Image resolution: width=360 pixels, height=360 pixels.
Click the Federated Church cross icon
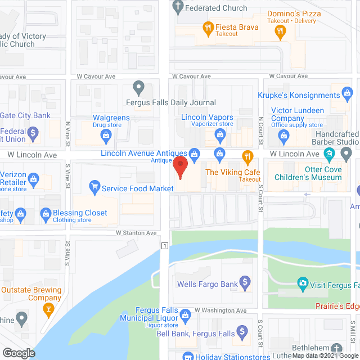pos(178,8)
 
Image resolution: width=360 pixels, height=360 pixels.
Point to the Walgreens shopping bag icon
pos(105,135)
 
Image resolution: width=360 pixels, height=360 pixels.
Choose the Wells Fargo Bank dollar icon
pos(245,281)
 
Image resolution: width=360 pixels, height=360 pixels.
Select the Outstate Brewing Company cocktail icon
pos(48,309)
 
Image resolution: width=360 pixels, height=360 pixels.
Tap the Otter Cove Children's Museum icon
pos(330,154)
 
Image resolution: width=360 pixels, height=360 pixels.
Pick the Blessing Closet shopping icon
pos(46,213)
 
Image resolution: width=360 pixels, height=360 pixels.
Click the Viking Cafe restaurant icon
pos(246,155)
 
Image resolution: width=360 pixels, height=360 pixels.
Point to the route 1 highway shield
pos(164,246)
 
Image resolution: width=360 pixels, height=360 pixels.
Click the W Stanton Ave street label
pos(136,232)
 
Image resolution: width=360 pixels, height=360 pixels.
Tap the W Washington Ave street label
pos(220,310)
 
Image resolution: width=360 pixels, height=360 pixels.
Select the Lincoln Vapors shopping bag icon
pos(220,135)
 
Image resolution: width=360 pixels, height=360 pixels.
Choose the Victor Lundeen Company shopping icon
pos(285,135)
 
